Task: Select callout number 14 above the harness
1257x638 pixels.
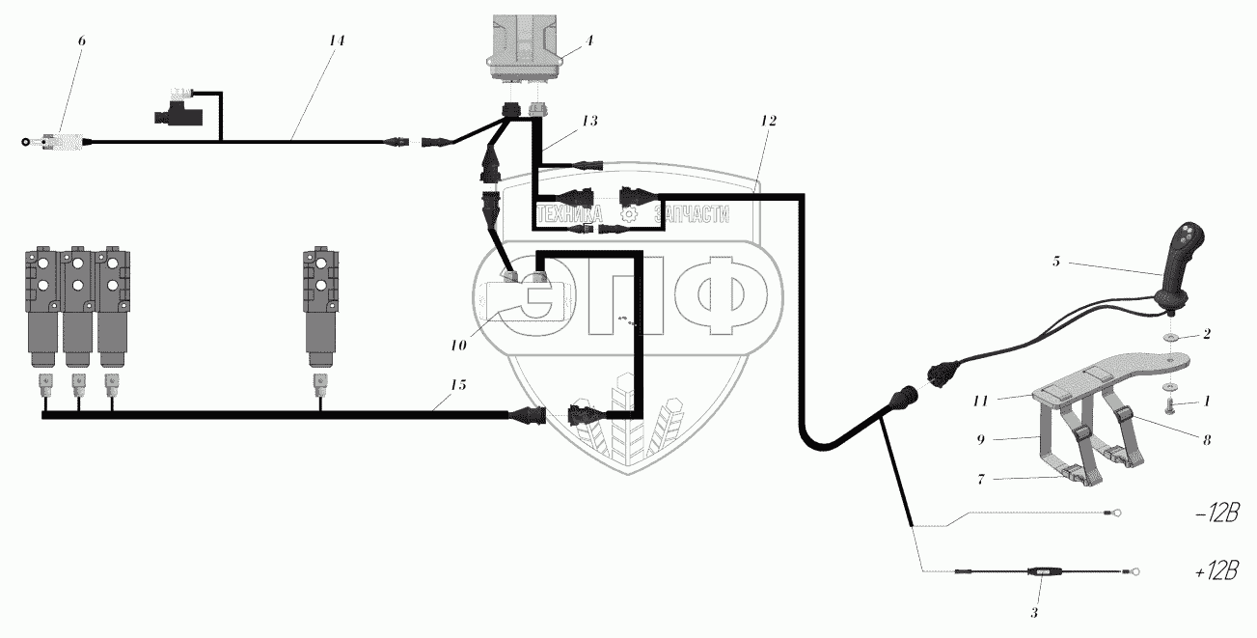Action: (336, 42)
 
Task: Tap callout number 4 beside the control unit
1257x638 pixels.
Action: (589, 42)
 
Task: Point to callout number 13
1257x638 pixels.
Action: (588, 121)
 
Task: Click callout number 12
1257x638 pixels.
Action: (767, 122)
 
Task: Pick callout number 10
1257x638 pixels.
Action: (457, 344)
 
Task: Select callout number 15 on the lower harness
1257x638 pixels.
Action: (457, 385)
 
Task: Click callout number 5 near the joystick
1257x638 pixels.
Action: (1056, 261)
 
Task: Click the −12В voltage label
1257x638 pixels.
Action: (1216, 514)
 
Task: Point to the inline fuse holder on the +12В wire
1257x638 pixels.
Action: (1041, 572)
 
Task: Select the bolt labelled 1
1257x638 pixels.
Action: (1163, 403)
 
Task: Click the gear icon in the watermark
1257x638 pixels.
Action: (629, 215)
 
